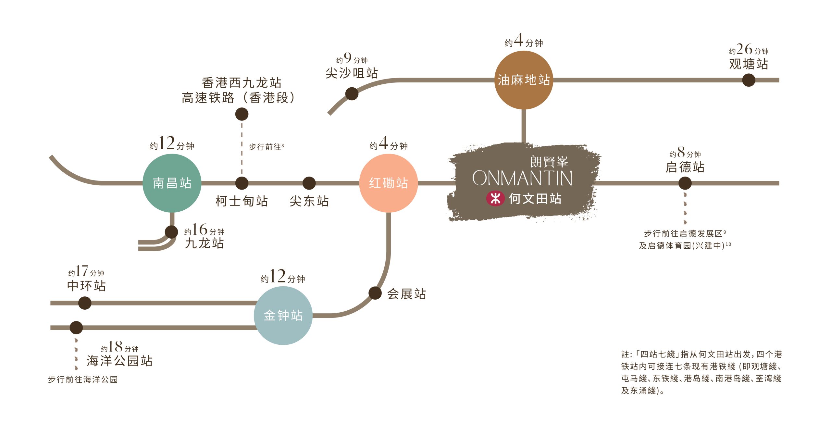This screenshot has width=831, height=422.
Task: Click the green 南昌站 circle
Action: click(172, 183)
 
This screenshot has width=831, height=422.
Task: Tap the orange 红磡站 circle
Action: click(388, 183)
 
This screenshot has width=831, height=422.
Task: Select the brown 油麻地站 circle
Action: click(524, 80)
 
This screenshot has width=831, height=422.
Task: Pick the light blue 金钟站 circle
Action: click(283, 315)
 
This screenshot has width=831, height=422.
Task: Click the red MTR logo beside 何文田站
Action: click(495, 198)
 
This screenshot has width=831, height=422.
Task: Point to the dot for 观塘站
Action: click(749, 80)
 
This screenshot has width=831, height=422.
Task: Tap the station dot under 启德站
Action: click(685, 183)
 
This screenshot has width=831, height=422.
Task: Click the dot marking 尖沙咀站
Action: click(352, 94)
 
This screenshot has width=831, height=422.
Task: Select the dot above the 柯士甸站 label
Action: click(242, 183)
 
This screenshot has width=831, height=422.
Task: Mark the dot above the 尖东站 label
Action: click(309, 183)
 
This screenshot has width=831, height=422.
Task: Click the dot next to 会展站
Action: click(375, 293)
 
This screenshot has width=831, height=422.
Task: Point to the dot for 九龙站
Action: click(171, 232)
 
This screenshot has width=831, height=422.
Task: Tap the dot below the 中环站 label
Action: click(85, 303)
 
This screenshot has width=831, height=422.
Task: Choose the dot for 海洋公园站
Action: click(76, 328)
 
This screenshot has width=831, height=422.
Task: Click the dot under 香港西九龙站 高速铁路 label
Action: click(242, 114)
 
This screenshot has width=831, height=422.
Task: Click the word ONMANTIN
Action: click(522, 179)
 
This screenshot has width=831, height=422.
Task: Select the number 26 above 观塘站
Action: click(744, 49)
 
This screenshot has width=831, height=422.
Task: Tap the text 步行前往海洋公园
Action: click(83, 379)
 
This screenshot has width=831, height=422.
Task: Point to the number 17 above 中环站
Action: click(82, 271)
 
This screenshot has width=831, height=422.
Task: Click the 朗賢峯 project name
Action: click(549, 161)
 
